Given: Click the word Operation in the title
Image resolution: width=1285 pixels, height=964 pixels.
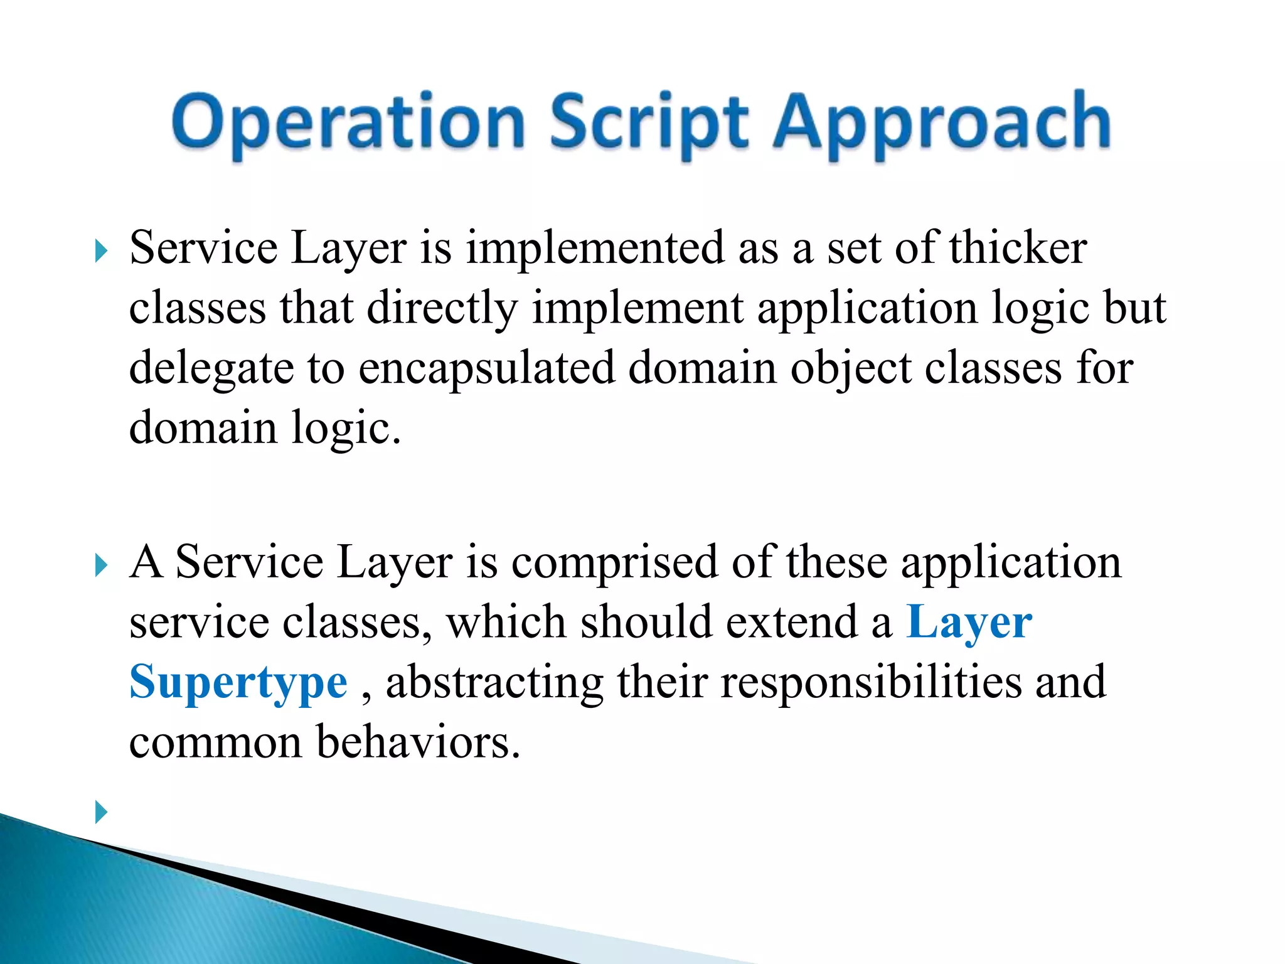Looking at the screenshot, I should (348, 122).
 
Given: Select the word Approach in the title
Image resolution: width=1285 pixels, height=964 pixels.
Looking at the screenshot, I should (941, 122).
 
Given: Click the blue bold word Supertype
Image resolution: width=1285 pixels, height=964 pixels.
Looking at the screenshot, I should (238, 683).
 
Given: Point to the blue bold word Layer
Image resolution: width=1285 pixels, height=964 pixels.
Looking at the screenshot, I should (969, 623).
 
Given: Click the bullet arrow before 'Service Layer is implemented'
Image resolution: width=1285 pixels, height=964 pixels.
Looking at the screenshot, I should (101, 252).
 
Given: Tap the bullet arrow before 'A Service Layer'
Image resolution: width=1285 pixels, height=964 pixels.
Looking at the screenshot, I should (101, 565).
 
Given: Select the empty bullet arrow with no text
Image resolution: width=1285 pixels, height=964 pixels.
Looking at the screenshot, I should (101, 812).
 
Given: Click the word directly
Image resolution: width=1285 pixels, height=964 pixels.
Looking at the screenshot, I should (442, 309).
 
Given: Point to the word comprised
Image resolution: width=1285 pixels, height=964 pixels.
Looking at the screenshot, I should (615, 562).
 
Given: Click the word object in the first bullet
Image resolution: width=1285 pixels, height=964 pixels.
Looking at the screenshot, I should (850, 368).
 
